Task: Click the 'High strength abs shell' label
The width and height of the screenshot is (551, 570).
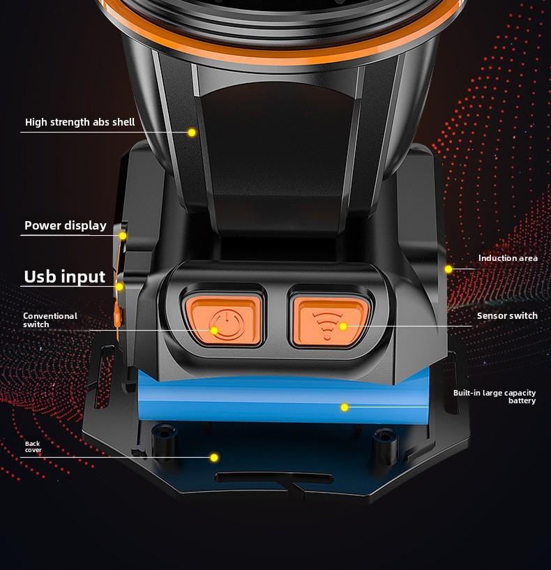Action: [80, 122]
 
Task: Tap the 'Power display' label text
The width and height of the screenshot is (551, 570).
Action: [66, 225]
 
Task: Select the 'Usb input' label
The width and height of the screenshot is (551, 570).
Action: [65, 276]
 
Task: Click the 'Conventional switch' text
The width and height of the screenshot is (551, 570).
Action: [50, 320]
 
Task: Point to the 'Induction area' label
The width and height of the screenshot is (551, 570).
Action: [508, 258]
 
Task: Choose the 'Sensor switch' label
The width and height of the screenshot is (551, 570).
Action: [507, 316]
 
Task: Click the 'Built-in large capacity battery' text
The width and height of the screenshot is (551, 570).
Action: [495, 397]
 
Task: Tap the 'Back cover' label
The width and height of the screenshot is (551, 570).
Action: [33, 447]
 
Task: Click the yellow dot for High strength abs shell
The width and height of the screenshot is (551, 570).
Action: [192, 132]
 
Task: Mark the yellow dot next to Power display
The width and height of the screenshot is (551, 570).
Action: [123, 236]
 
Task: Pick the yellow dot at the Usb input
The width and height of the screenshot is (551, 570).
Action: [120, 286]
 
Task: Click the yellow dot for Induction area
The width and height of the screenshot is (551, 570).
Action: [448, 269]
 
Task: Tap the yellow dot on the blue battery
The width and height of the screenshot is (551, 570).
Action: [344, 407]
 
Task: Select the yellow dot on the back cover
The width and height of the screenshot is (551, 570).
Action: [214, 458]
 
